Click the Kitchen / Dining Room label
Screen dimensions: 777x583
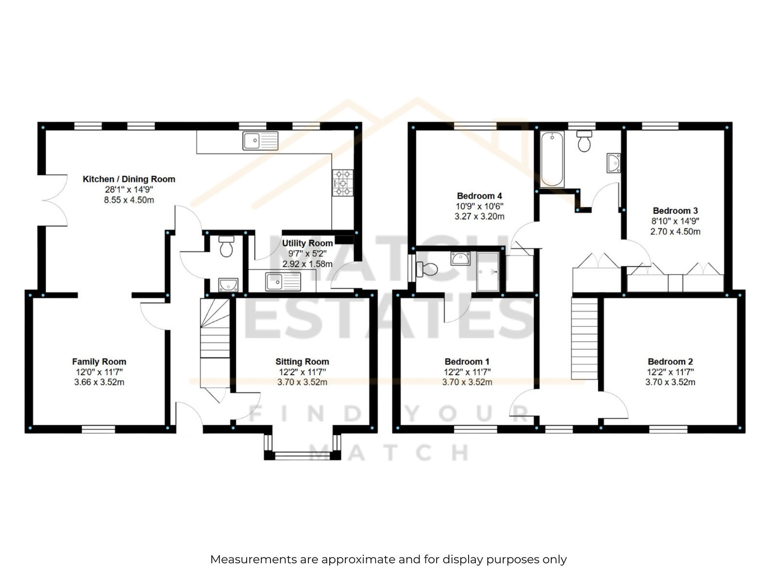pos(129,179)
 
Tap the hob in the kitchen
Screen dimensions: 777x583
pos(343,183)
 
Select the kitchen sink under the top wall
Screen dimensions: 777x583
pos(260,141)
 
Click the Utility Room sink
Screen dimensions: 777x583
pos(283,282)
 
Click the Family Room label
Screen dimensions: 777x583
pos(99,361)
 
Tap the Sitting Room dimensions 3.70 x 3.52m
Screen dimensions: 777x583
pos(302,382)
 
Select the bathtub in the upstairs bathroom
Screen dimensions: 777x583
pos(552,159)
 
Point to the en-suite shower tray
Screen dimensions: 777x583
pos(488,272)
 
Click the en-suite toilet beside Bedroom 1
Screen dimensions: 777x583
pos(427,269)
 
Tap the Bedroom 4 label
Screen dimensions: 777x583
pos(479,196)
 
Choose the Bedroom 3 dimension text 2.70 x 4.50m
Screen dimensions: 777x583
pos(675,232)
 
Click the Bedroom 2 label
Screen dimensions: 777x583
pos(670,361)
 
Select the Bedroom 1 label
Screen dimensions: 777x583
pos(467,361)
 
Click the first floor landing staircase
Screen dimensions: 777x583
pos(584,339)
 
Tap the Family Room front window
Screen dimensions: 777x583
pos(99,429)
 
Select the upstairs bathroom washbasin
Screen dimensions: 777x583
pos(613,163)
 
